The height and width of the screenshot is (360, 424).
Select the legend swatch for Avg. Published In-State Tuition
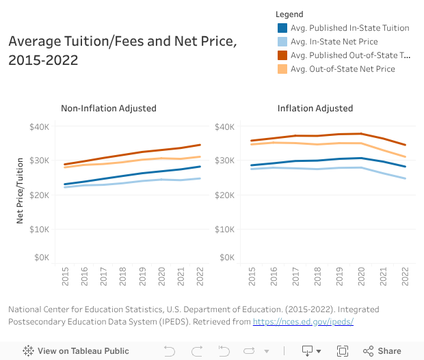point(282,28)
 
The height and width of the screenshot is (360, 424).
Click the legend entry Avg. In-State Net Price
point(333,42)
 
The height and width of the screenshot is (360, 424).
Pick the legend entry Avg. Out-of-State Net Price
point(342,69)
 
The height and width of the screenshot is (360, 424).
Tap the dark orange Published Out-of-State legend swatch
point(282,55)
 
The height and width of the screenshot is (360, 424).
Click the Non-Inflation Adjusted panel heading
point(109,108)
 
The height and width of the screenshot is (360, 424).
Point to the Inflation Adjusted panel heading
point(315,108)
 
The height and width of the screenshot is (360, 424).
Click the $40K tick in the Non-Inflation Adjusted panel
point(39,126)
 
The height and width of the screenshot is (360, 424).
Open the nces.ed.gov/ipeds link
point(303,321)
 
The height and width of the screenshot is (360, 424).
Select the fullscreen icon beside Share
point(343,351)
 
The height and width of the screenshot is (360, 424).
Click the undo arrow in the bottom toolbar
point(170,351)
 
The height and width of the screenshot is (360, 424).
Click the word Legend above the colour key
point(289,14)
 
